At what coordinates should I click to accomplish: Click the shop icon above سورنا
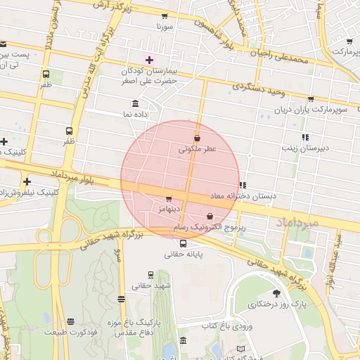coord(165,15)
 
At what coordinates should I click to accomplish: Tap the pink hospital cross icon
coord(148,60)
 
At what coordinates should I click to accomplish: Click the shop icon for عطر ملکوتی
coord(197,138)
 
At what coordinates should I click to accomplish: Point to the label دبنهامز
coord(169,209)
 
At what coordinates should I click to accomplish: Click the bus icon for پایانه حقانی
coord(183,243)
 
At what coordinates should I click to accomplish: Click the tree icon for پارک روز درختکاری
coord(276,293)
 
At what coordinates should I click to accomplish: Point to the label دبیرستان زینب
coord(302,148)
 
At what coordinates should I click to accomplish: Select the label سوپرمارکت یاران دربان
coord(311,110)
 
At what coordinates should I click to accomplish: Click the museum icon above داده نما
coord(135,103)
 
